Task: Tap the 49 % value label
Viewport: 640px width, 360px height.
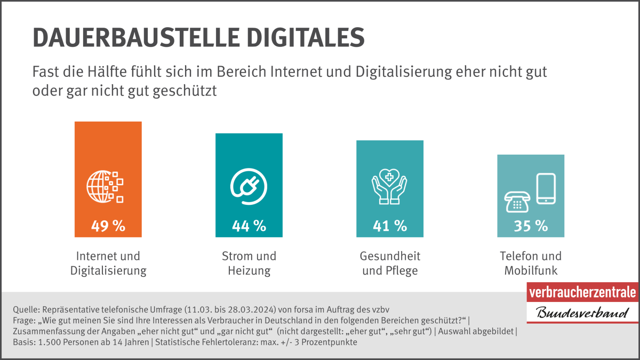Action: point(108,226)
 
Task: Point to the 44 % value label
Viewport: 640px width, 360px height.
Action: point(249,226)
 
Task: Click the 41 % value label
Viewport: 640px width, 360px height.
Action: point(389,226)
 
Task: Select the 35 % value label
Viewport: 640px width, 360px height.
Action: point(531,226)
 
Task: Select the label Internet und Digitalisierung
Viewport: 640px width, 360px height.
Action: point(108,263)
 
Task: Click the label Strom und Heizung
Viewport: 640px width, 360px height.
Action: point(249,263)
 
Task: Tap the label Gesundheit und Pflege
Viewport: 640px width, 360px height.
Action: point(390,263)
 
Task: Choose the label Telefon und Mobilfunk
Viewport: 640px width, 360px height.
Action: point(531,263)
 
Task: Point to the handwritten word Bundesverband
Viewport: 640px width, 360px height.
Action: point(582,312)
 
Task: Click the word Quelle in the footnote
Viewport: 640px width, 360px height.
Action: point(23,309)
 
